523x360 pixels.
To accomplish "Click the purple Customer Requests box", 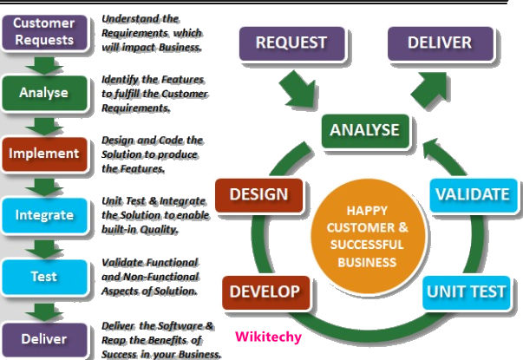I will click(x=43, y=30).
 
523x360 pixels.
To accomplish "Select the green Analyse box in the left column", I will click(x=43, y=92).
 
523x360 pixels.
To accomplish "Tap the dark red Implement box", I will click(x=43, y=154).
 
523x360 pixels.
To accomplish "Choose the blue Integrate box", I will click(x=43, y=215).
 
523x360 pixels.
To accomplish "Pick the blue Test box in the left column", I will click(x=43, y=277).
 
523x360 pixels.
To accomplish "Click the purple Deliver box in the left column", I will click(x=43, y=337).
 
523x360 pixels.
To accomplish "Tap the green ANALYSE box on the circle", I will click(x=364, y=131).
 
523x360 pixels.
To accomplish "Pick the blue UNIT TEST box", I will click(x=466, y=291).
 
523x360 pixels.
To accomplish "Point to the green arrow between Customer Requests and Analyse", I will click(x=43, y=63).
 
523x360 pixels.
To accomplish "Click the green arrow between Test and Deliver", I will click(x=43, y=308).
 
